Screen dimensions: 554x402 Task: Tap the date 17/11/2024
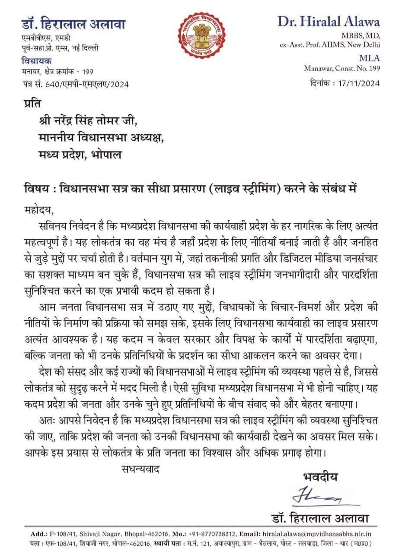click(x=357, y=83)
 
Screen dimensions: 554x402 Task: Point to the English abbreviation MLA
click(x=370, y=58)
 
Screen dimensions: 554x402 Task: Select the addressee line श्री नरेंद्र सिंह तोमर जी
click(x=87, y=123)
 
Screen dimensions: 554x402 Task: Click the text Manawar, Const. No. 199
click(x=341, y=68)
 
